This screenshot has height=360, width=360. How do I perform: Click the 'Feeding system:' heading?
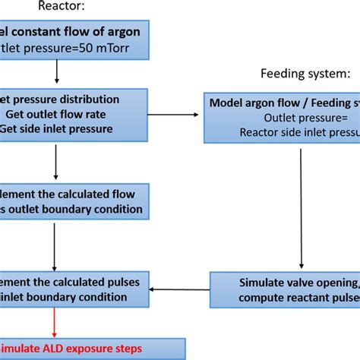coord(294,74)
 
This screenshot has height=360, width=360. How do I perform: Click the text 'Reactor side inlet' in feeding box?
coord(296,131)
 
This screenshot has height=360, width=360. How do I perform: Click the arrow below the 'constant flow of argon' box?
coord(55,73)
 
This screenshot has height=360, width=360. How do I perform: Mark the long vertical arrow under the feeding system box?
coord(303,205)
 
